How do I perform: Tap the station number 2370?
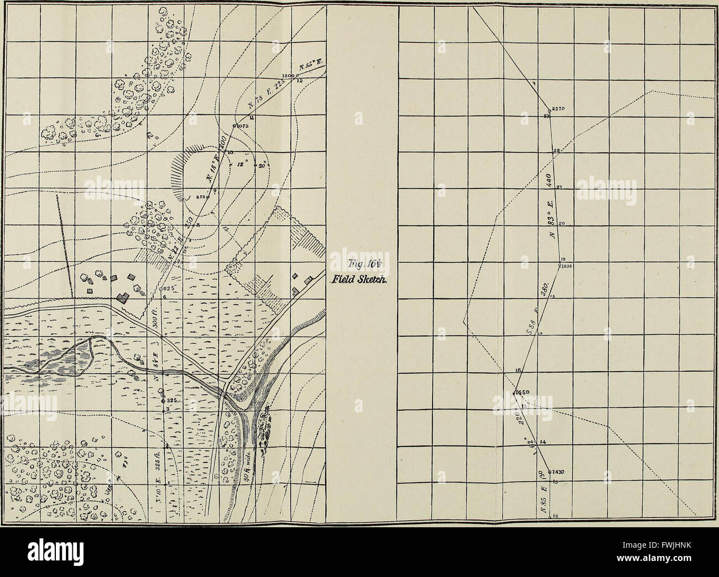[x=558, y=108]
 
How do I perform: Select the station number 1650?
[x=523, y=392]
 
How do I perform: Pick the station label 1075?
[x=244, y=126]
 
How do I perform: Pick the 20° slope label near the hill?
[x=261, y=164]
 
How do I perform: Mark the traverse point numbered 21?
[x=560, y=187]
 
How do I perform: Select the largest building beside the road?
[x=123, y=297]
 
